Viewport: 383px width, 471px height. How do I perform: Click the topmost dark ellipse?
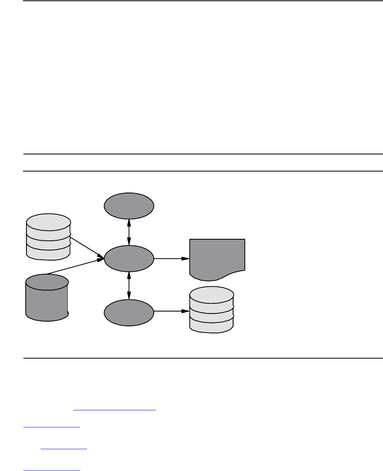pyautogui.click(x=129, y=205)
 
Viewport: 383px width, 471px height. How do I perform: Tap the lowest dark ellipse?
pyautogui.click(x=129, y=312)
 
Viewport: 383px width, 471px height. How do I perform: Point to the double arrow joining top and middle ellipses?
pyautogui.click(x=129, y=232)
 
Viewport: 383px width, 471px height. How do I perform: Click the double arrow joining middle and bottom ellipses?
pyautogui.click(x=129, y=285)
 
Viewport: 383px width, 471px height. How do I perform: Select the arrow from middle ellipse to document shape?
pyautogui.click(x=171, y=258)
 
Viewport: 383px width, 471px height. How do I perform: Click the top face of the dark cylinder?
pyautogui.click(x=47, y=282)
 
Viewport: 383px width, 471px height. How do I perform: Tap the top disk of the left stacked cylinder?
pyautogui.click(x=48, y=222)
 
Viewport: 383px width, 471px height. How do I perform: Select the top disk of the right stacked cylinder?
pyautogui.click(x=211, y=294)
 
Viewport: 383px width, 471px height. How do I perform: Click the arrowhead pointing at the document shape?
pyautogui.click(x=186, y=258)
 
